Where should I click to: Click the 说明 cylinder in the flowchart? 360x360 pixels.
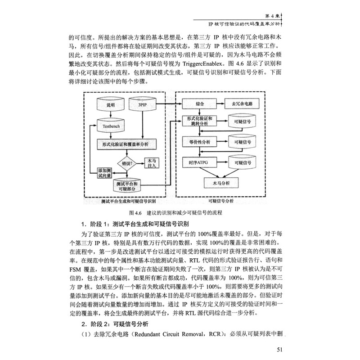(x=110, y=105)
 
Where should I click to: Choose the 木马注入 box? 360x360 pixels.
(x=152, y=163)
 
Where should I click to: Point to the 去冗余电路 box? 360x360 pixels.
(x=241, y=103)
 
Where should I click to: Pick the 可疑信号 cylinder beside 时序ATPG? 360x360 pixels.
(x=242, y=161)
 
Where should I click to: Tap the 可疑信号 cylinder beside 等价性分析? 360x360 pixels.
(x=242, y=141)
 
